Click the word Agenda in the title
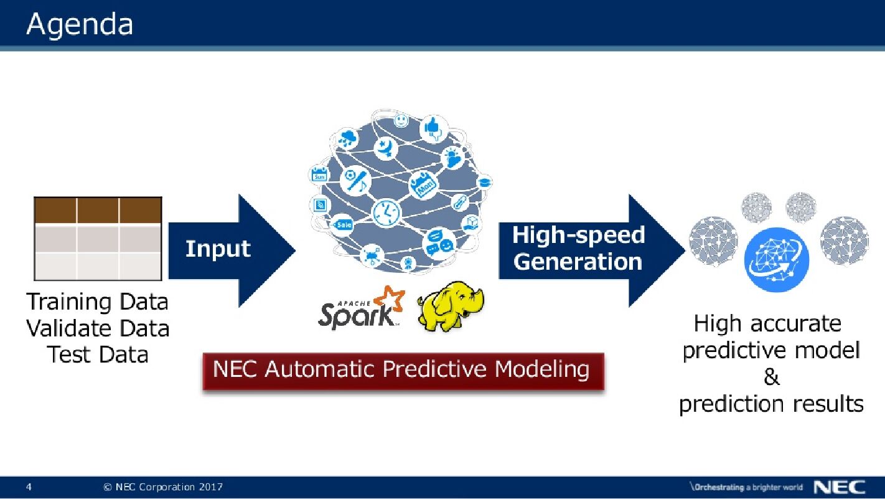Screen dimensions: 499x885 [x=80, y=25]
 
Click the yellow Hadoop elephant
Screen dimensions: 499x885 [x=449, y=305]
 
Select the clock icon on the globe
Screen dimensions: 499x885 [x=386, y=212]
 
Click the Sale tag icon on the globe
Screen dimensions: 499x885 [x=344, y=224]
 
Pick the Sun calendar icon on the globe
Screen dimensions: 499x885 [x=319, y=175]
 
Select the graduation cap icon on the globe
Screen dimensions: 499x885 [x=484, y=183]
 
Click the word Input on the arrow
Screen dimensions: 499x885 [x=218, y=249]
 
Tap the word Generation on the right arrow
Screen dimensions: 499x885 [x=578, y=262]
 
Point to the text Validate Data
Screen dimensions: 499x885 [x=98, y=328]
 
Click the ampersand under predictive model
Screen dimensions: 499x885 [x=771, y=378]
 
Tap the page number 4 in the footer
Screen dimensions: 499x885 [x=29, y=487]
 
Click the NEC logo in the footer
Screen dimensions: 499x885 [x=840, y=487]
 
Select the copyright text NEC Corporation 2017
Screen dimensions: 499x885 [x=163, y=487]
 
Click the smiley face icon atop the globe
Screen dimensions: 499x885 [x=401, y=119]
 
